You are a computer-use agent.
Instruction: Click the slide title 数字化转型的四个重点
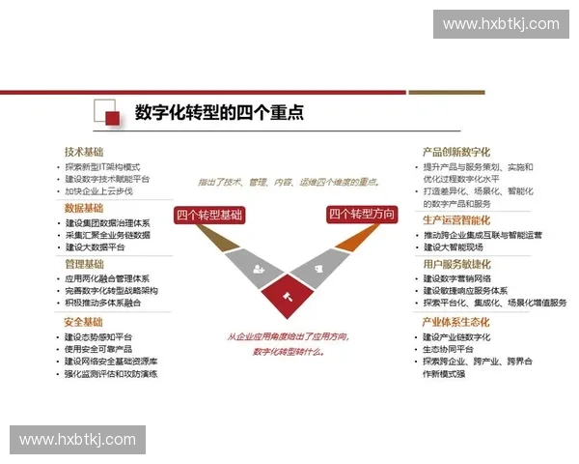click(219, 112)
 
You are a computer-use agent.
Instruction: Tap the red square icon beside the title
click(112, 118)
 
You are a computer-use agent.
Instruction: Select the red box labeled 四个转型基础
click(208, 215)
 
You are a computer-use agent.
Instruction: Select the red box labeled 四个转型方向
click(362, 215)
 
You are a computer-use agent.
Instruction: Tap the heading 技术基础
click(84, 152)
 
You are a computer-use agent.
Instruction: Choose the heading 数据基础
click(84, 208)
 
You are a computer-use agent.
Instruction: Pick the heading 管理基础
click(84, 264)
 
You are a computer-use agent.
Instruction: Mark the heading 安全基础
click(84, 322)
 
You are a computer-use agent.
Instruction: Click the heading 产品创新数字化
click(456, 152)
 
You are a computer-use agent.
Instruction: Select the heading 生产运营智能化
click(456, 220)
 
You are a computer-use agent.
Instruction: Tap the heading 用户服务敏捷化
click(456, 264)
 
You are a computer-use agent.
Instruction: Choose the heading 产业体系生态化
click(456, 322)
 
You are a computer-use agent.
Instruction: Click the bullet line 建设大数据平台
click(96, 247)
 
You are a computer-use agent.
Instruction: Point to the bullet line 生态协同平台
click(451, 349)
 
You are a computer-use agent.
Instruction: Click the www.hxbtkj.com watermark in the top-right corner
click(501, 23)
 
